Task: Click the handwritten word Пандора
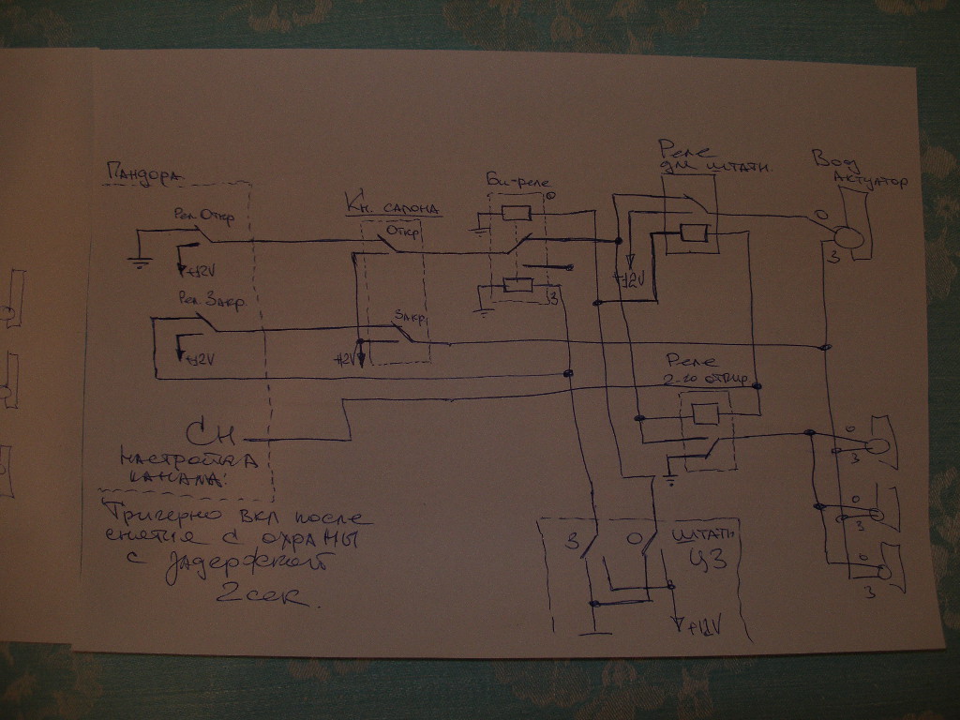coord(143,173)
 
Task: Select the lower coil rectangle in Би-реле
coord(517,285)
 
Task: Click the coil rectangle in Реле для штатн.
coord(694,233)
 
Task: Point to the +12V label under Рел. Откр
coord(200,271)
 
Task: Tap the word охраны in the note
coord(312,541)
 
